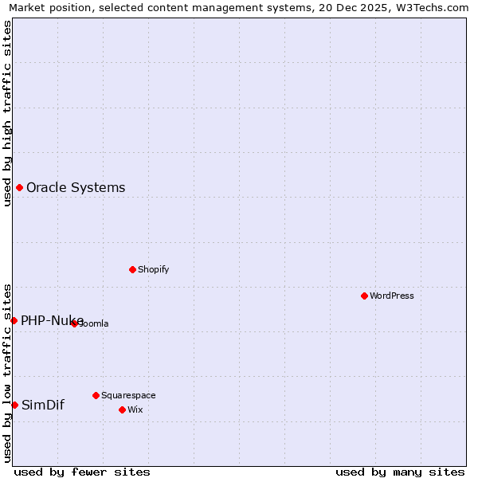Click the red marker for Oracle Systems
coord(19,188)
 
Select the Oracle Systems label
coord(76,188)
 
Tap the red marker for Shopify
coord(132,269)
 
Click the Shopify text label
coord(153,269)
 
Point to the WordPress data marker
coord(364,296)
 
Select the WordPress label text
coord(391,296)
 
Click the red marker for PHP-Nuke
coord(14,320)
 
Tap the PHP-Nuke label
coord(52,320)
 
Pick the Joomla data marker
coord(74,323)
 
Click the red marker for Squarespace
coord(96,395)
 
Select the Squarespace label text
coord(128,395)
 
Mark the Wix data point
coord(122,409)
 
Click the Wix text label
coord(135,409)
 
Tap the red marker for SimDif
coord(14,405)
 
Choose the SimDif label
coord(42,405)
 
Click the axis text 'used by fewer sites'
coord(82,472)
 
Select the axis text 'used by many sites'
coord(400,472)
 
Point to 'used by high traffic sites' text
coord(7,112)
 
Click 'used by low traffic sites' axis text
coord(7,372)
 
